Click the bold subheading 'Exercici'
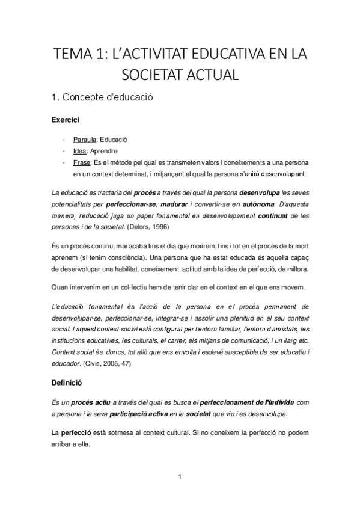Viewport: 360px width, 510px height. (x=66, y=120)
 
